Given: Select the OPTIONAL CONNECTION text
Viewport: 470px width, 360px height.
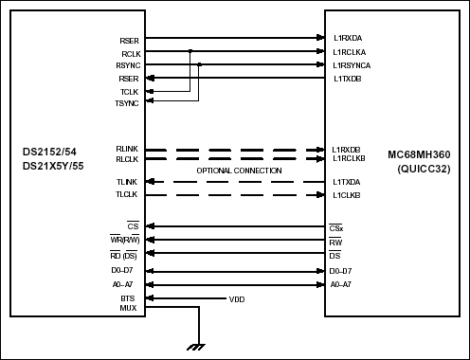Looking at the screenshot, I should point(239,170).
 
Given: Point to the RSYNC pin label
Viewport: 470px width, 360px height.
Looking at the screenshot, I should point(128,65).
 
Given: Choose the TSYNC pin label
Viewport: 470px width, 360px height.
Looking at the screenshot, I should point(127,102).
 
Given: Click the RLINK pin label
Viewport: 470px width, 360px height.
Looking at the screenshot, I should point(127,149).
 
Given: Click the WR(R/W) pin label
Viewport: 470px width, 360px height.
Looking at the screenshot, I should point(124,242).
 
